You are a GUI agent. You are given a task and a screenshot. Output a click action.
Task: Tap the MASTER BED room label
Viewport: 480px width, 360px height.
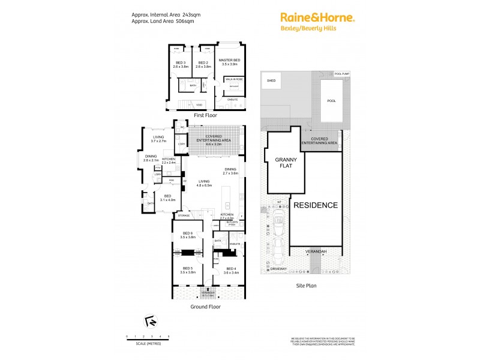(x=229, y=61)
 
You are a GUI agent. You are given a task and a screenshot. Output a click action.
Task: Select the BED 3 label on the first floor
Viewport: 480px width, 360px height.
(x=179, y=62)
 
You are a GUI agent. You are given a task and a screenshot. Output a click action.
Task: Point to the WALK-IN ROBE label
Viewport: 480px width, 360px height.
(x=233, y=79)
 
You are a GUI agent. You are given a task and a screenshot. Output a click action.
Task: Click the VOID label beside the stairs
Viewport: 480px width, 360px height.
(x=199, y=105)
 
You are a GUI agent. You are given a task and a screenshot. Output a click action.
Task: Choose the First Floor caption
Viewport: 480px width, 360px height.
(x=205, y=115)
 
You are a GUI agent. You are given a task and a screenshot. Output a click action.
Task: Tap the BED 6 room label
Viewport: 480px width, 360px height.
(x=187, y=233)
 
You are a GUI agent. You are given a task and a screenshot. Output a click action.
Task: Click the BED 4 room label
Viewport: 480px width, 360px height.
(x=232, y=269)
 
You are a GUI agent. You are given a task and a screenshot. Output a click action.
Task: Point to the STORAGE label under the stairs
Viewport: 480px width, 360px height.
(x=184, y=215)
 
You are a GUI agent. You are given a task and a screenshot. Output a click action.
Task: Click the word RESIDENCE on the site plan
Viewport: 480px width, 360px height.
(x=316, y=205)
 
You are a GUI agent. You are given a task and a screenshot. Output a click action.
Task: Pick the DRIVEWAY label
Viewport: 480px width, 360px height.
(x=278, y=269)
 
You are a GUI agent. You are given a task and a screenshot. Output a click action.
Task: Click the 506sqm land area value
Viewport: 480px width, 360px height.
(x=185, y=21)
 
